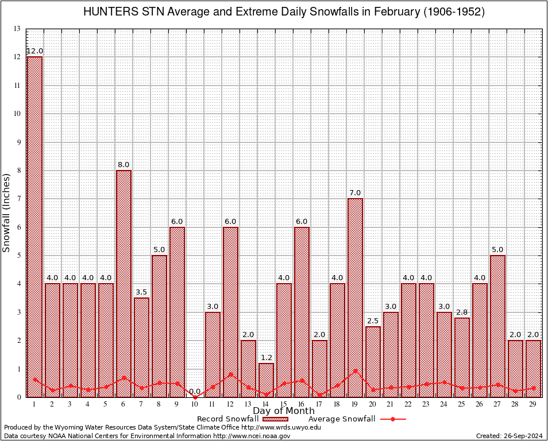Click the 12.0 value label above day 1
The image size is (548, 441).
coord(34,51)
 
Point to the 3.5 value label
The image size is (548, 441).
coord(141,292)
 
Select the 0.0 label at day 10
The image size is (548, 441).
coord(195,391)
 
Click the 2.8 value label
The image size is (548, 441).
coord(462,312)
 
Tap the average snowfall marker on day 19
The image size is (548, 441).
coord(355,370)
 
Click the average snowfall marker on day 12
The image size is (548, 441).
coord(230,374)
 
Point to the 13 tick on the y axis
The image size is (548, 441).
coord(17,29)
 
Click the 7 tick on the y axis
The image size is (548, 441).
coord(18,199)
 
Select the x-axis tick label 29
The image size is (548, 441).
coord(533,405)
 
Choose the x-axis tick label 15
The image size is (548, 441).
coord(284,405)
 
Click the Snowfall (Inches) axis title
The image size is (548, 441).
coord(7,212)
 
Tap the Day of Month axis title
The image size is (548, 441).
coord(284,411)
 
